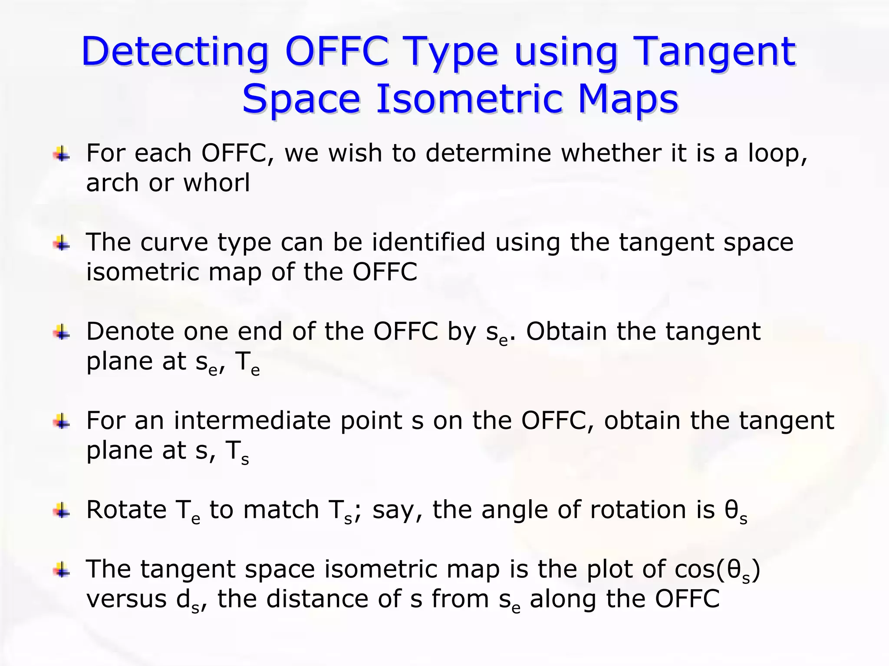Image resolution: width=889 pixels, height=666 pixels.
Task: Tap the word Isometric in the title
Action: (x=469, y=99)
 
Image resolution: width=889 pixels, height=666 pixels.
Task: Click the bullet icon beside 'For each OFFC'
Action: (x=62, y=154)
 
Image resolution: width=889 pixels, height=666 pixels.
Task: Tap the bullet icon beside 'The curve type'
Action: (x=62, y=243)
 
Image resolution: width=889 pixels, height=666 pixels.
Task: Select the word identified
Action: (x=428, y=242)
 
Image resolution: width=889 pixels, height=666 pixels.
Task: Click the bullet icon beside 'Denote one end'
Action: (x=62, y=333)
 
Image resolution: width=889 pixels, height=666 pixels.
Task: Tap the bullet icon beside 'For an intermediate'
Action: (x=62, y=422)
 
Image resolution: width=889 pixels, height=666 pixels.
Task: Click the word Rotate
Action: (x=126, y=510)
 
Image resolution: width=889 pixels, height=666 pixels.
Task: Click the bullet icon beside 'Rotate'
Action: (x=62, y=511)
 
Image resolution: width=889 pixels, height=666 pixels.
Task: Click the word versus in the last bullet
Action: (x=126, y=600)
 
